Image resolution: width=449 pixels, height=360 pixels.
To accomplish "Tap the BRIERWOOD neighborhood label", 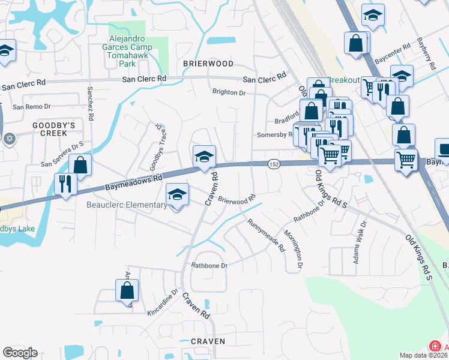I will click(208, 64).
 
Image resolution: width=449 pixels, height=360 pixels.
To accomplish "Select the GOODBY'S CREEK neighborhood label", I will click(53, 129).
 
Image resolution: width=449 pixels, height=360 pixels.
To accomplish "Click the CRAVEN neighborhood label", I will click(208, 341).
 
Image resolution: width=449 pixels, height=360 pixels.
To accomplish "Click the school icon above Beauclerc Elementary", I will click(177, 194).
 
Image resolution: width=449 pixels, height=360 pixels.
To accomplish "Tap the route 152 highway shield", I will click(274, 164).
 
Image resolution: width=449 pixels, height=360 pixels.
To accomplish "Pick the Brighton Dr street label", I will click(229, 92).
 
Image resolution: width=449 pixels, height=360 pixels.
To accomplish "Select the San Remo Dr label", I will click(33, 107).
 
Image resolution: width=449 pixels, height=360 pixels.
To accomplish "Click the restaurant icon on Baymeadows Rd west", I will click(65, 184).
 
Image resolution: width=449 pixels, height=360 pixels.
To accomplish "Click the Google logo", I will click(20, 353).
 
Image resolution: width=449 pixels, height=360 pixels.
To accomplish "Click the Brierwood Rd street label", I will click(237, 200).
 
